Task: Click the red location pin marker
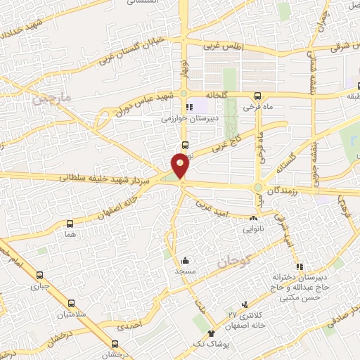tap(181, 166)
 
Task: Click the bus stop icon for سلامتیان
tap(82, 302)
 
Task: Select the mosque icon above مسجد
tap(185, 259)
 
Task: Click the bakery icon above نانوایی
tap(252, 217)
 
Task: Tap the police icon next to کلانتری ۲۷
tap(244, 304)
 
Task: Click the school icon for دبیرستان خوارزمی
tap(188, 107)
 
